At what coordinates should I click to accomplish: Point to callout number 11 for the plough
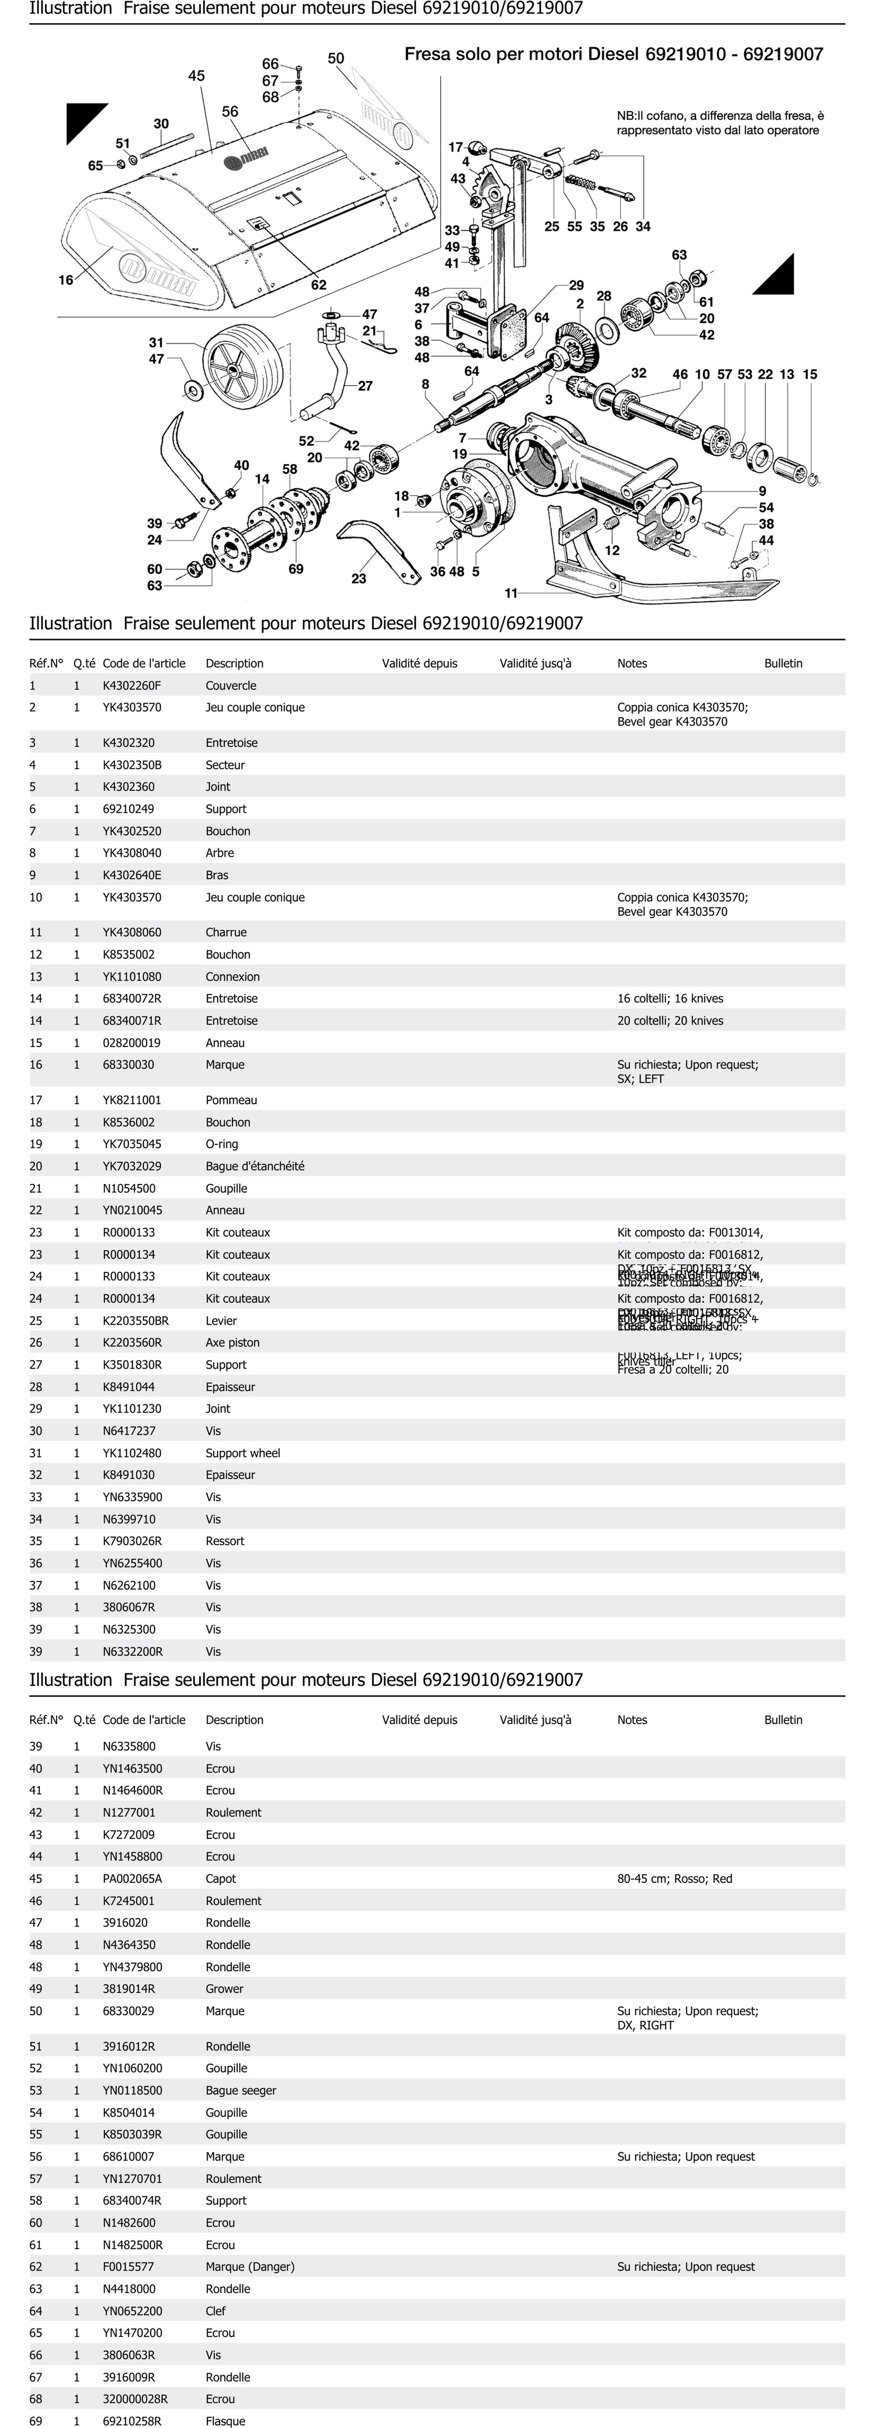(511, 593)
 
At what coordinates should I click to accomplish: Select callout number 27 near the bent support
(365, 386)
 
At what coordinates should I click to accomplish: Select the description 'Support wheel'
(242, 1452)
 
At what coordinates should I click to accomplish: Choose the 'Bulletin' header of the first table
(783, 664)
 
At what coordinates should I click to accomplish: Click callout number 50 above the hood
(336, 58)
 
